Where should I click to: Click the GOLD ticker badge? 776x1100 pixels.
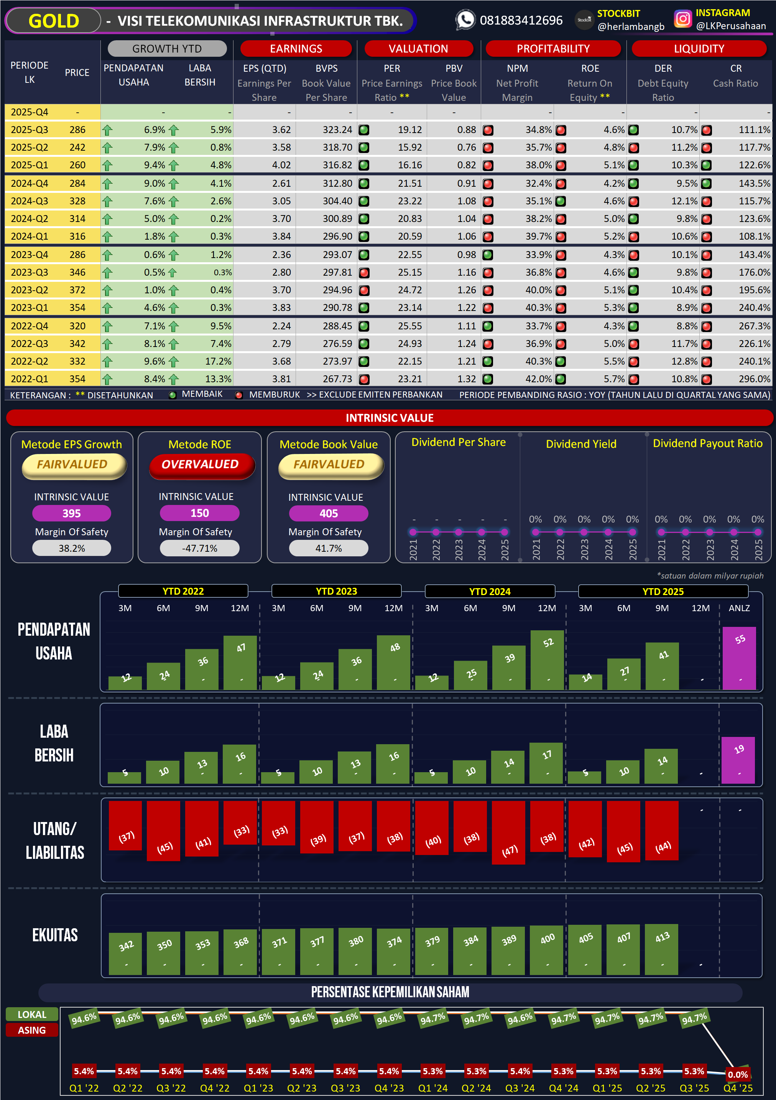53,21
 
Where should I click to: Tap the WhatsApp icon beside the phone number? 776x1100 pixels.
465,20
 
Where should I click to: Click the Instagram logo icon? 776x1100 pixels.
682,19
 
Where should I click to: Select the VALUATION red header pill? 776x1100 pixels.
418,48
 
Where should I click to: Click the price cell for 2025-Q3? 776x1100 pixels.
77,130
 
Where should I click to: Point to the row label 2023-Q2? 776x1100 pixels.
29,290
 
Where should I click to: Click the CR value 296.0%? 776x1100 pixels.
754,379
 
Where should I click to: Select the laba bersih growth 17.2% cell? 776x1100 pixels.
218,361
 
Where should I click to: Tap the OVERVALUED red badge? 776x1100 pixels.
200,465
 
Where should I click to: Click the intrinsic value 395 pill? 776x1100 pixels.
71,513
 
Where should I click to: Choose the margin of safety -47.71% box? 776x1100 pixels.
199,548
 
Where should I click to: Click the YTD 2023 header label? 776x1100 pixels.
336,591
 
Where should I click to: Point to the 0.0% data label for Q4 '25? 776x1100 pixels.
738,1075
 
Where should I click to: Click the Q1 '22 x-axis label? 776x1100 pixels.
84,1088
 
